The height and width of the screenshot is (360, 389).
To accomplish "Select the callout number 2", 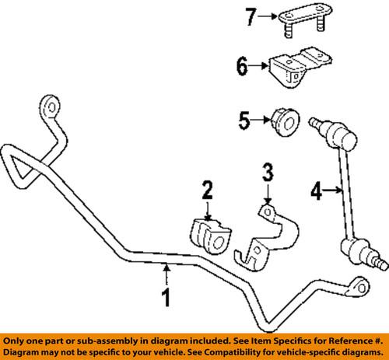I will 206,209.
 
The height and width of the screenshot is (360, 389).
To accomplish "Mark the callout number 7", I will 249,15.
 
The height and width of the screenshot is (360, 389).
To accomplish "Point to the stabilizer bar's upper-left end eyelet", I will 51,106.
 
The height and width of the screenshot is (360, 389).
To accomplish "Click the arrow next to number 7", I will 267,15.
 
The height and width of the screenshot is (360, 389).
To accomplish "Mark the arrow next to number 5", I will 262,121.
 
